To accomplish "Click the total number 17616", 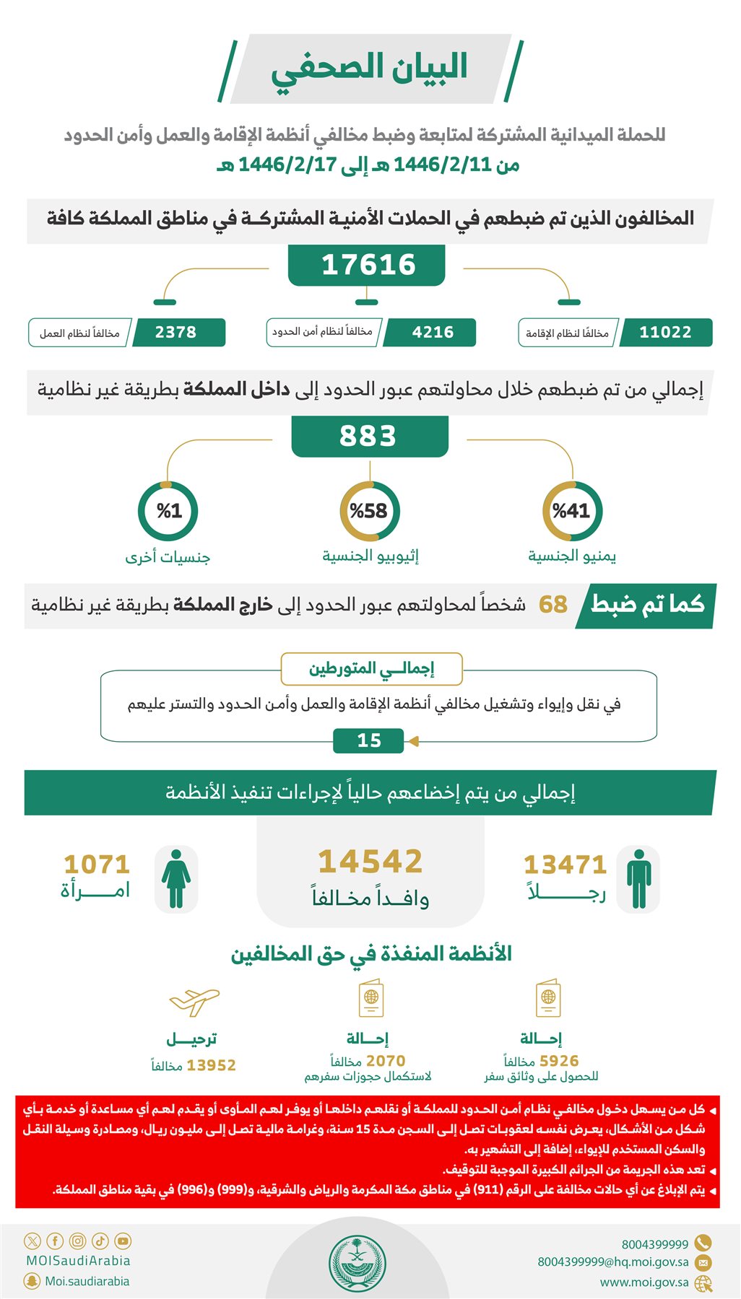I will pyautogui.click(x=368, y=265).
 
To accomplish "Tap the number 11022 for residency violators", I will pyautogui.click(x=665, y=332).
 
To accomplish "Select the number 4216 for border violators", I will pyautogui.click(x=433, y=332).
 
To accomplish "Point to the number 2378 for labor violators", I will pyautogui.click(x=175, y=332).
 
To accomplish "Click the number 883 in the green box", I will pyautogui.click(x=368, y=436).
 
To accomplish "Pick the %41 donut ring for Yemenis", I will pyautogui.click(x=572, y=511).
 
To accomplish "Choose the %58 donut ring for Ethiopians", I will pyautogui.click(x=369, y=511).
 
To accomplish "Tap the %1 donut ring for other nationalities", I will pyautogui.click(x=168, y=511).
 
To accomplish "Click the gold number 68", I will pyautogui.click(x=553, y=604).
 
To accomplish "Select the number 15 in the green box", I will pyautogui.click(x=369, y=740).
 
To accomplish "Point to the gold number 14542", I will pyautogui.click(x=370, y=862).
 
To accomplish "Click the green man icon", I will pyautogui.click(x=638, y=878).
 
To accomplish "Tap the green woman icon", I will pyautogui.click(x=176, y=878).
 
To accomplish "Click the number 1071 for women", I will pyautogui.click(x=97, y=864).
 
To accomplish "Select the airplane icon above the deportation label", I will pyautogui.click(x=194, y=1001).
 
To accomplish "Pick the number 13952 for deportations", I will pyautogui.click(x=211, y=1065).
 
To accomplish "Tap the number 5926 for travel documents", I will pyautogui.click(x=559, y=1061).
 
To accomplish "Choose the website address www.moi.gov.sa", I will pyautogui.click(x=644, y=1282).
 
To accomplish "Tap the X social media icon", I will pyautogui.click(x=32, y=1241).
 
